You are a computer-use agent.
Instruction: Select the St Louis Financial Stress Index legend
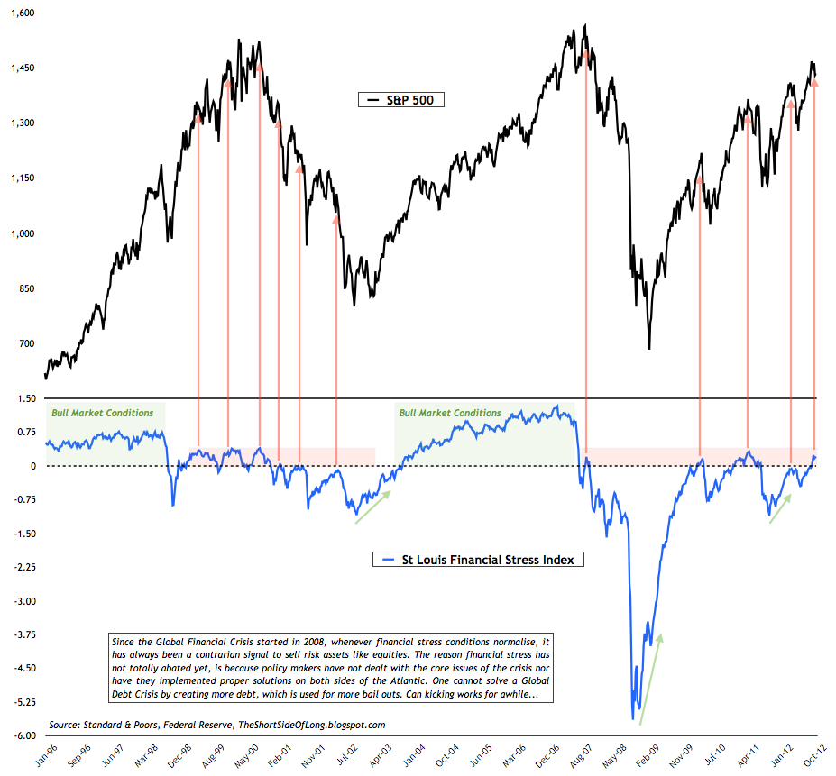478,560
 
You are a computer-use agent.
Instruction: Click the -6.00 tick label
23,735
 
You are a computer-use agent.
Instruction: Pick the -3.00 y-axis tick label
23,601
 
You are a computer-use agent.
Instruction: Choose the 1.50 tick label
24,398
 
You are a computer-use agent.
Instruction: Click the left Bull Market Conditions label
102,413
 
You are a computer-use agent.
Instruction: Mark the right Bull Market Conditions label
450,413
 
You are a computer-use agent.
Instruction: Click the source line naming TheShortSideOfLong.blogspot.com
217,725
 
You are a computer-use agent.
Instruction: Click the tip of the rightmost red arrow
814,80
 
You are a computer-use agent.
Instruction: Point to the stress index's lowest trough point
632,718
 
